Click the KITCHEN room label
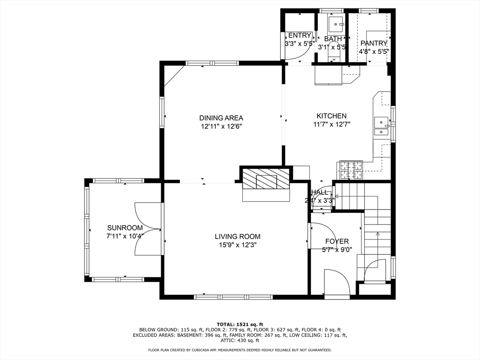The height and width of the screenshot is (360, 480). pyautogui.click(x=331, y=116)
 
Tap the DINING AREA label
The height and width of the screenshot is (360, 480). pyautogui.click(x=221, y=118)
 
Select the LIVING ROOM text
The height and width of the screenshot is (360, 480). pyautogui.click(x=237, y=237)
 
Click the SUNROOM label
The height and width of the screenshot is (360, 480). pyautogui.click(x=124, y=228)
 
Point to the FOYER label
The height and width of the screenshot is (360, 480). pyautogui.click(x=337, y=241)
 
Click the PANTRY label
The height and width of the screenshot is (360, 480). pyautogui.click(x=374, y=44)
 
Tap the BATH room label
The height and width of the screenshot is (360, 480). pyautogui.click(x=333, y=39)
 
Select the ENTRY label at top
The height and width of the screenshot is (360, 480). pyautogui.click(x=300, y=36)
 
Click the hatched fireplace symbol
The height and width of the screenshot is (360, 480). pyautogui.click(x=266, y=179)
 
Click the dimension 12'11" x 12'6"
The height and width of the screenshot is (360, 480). pyautogui.click(x=221, y=126)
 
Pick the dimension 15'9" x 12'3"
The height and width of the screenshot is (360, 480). pyautogui.click(x=237, y=245)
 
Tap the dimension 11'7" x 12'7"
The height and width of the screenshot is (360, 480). pyautogui.click(x=331, y=124)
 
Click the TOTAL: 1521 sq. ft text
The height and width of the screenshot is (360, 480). pyautogui.click(x=240, y=324)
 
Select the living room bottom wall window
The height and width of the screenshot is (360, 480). pyautogui.click(x=233, y=297)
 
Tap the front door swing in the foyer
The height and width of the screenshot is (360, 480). pyautogui.click(x=337, y=283)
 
